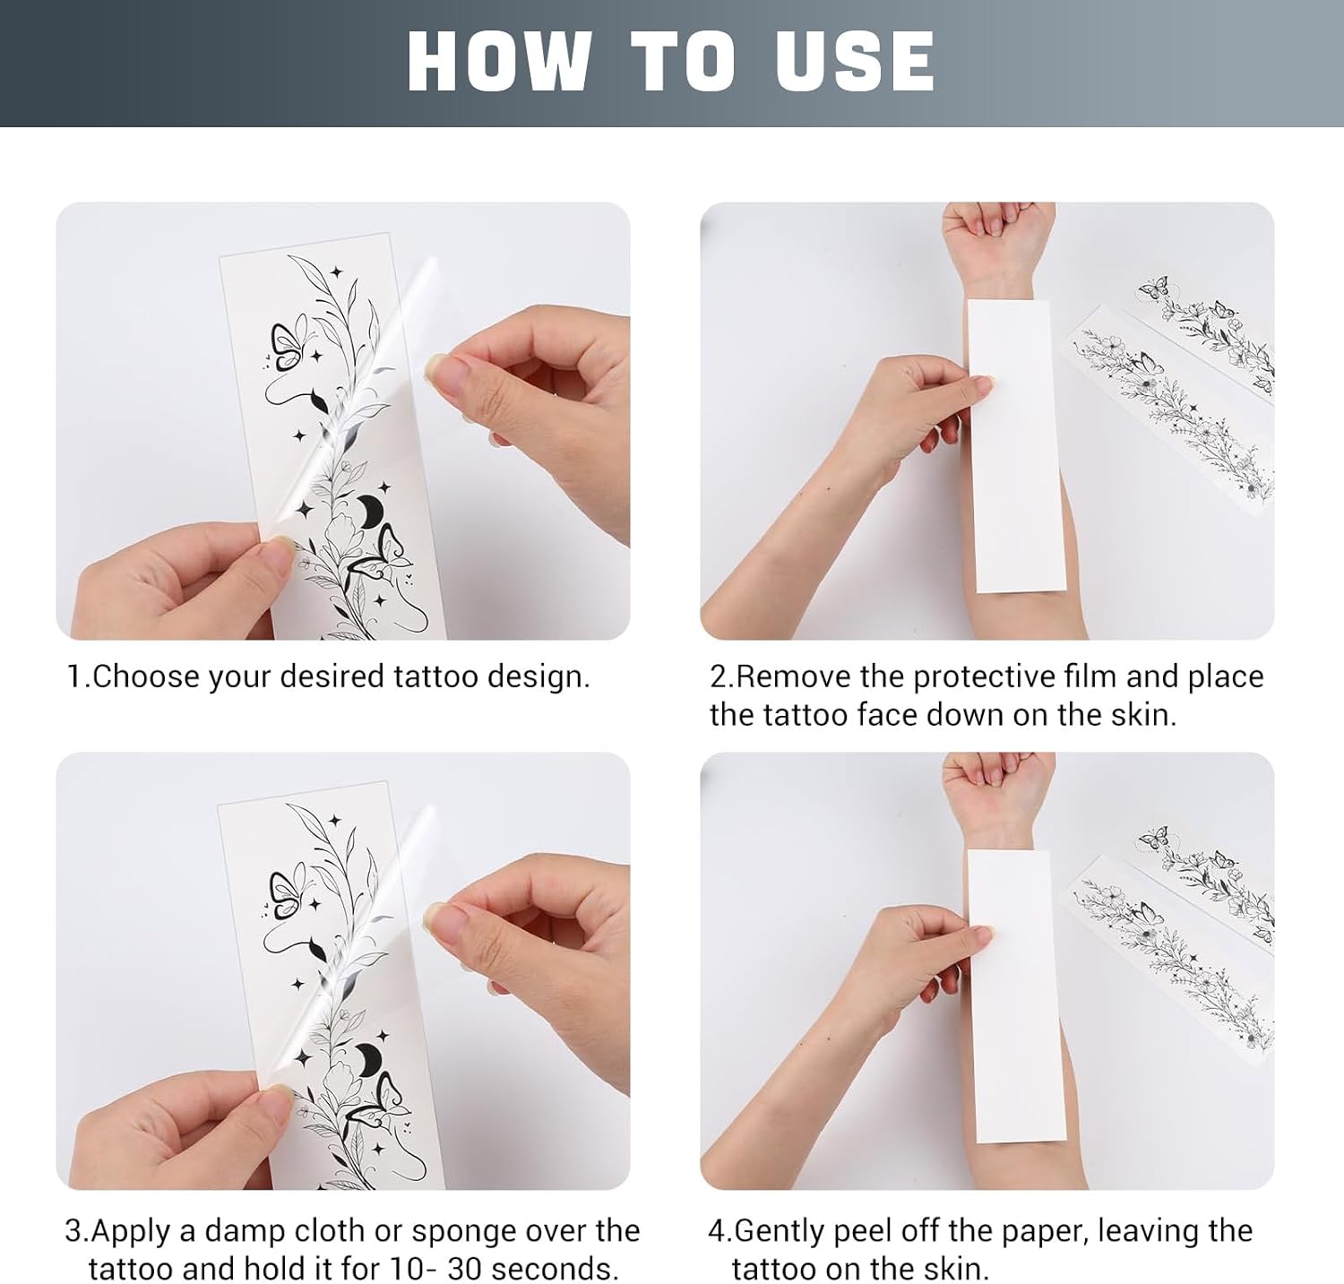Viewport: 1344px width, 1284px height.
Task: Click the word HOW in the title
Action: tap(499, 61)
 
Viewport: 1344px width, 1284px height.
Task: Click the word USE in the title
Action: tap(855, 61)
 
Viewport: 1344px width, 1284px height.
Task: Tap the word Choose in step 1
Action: tap(145, 676)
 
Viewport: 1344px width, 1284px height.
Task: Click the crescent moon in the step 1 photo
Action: tap(371, 512)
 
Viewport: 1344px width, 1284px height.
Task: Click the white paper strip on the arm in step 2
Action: tap(1017, 445)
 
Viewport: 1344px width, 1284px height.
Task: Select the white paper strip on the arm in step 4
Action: tap(1017, 995)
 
